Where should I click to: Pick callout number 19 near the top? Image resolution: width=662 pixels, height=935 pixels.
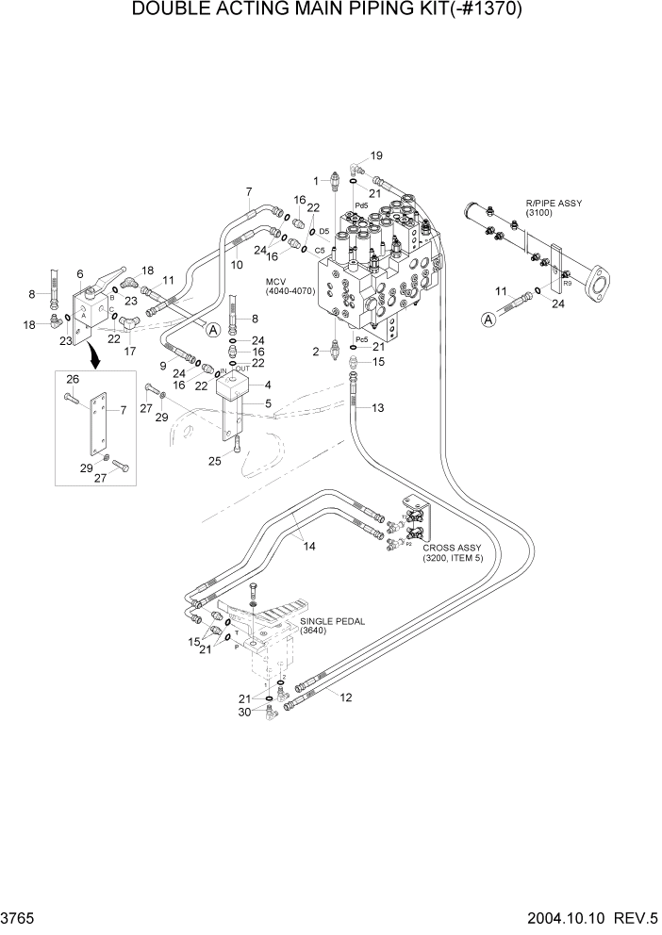(x=376, y=156)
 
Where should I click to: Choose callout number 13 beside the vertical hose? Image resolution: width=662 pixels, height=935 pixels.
(x=377, y=408)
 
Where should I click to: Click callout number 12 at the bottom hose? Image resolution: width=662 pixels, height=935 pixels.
(x=346, y=697)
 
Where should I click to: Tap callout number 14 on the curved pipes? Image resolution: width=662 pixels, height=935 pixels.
(x=308, y=546)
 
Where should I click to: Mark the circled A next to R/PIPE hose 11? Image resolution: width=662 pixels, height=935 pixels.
(x=489, y=320)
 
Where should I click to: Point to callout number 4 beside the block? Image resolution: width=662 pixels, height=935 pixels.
(x=268, y=385)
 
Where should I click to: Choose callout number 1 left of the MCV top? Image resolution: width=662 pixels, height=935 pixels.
(x=317, y=179)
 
